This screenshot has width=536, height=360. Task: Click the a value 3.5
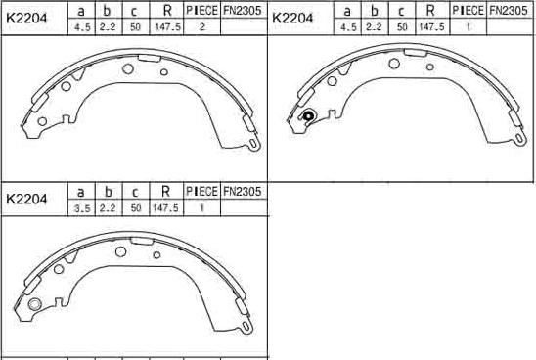[x=82, y=207]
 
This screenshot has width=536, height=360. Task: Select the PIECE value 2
[x=201, y=26]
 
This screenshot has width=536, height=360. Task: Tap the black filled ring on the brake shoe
[x=308, y=115]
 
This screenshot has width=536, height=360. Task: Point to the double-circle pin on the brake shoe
[x=35, y=304]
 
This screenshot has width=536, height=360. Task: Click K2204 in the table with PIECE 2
[x=26, y=19]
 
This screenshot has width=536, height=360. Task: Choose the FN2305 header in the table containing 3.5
[x=242, y=192]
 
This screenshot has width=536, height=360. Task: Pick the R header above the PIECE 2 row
[x=167, y=11]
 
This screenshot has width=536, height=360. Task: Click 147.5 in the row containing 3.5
[x=165, y=207]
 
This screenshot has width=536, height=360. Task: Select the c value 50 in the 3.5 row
[x=136, y=207]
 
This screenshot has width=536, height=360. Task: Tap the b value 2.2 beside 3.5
[x=108, y=207]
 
